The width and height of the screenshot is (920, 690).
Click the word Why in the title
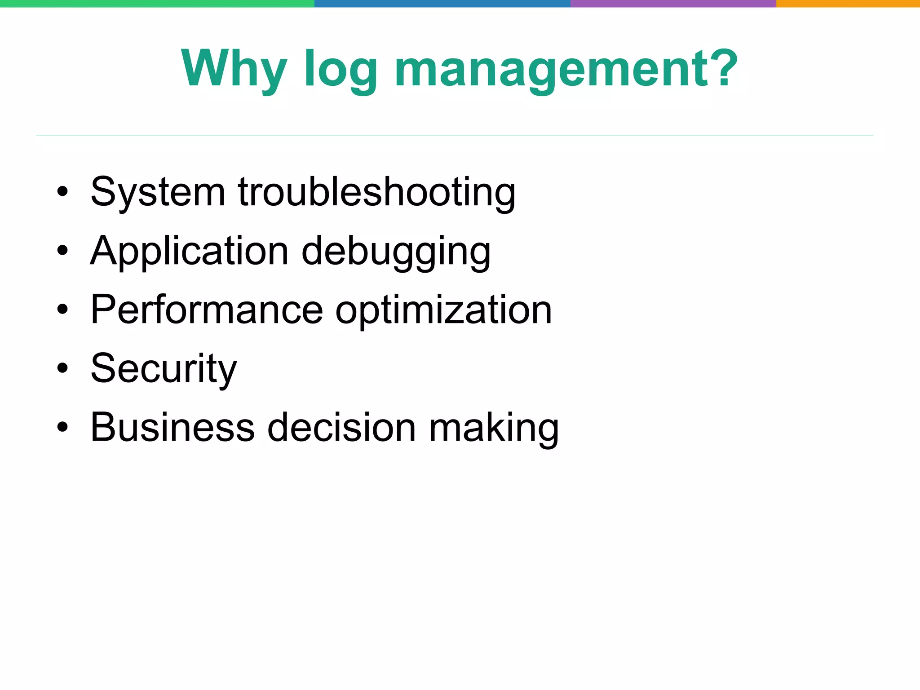click(234, 68)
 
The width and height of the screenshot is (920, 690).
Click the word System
click(158, 192)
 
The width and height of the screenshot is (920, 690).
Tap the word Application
click(189, 252)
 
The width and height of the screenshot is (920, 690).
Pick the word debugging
click(396, 252)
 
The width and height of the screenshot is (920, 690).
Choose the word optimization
click(443, 310)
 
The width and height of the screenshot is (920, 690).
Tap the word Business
click(172, 427)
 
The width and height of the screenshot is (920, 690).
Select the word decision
click(341, 427)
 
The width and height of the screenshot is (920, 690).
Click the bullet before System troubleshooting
click(62, 192)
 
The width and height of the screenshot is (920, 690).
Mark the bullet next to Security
click(62, 368)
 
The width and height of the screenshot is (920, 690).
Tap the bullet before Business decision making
click(62, 427)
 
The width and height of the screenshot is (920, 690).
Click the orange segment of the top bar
click(848, 4)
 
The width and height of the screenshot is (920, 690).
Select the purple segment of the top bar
click(673, 4)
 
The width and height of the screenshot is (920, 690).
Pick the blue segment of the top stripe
click(442, 4)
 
